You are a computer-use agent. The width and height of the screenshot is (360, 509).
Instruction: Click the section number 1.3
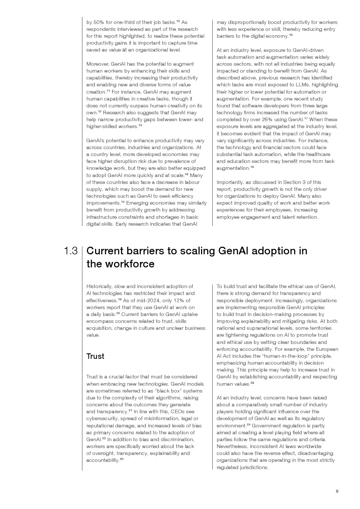point(70,251)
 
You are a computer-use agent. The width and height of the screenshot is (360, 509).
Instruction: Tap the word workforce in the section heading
point(130,264)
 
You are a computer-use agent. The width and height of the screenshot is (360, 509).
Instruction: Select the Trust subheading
point(95,356)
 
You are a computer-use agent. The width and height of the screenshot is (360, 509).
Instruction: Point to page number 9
point(337,491)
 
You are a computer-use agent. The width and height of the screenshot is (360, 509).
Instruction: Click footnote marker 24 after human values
point(252,383)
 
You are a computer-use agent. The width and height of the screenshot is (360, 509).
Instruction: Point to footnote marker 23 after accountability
point(122,459)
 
